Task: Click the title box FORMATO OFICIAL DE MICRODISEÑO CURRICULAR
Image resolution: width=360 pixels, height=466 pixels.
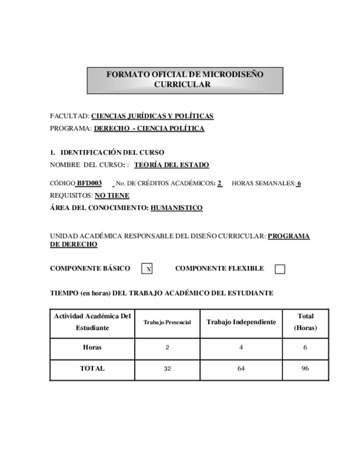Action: [x=185, y=80]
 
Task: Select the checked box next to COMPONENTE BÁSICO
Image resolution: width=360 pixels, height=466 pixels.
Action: [x=147, y=269]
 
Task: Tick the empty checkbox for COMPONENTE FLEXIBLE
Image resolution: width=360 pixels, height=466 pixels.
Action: [x=280, y=269]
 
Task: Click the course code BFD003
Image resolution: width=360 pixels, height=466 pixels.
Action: [x=89, y=184]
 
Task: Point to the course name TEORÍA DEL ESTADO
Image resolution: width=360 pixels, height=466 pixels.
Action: [x=171, y=165]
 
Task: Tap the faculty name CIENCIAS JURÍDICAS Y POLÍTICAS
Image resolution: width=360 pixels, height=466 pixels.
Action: [x=152, y=116]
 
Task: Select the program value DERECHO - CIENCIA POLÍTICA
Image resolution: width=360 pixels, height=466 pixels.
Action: [x=149, y=129]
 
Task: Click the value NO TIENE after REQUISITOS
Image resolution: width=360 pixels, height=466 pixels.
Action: [x=112, y=196]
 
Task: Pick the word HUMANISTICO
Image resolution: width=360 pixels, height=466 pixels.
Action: [x=176, y=208]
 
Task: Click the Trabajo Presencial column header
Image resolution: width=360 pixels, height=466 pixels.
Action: [x=167, y=323]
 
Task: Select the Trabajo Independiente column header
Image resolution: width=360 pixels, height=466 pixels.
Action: [x=241, y=322]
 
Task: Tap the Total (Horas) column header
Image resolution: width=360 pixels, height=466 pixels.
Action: [x=305, y=322]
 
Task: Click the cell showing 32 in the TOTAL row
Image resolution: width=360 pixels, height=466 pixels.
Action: [x=167, y=369]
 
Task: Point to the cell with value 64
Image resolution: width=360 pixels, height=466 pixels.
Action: [x=241, y=369]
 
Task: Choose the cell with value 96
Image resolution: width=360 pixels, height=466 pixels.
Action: [x=305, y=369]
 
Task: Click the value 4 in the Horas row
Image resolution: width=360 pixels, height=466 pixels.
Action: [x=241, y=347]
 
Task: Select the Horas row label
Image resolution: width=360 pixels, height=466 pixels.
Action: [x=92, y=347]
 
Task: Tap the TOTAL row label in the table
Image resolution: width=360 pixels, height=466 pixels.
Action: [x=92, y=369]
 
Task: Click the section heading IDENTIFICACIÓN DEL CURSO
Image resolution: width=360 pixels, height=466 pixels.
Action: [x=112, y=152]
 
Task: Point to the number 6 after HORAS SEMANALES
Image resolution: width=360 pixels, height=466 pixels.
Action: [x=299, y=184]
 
